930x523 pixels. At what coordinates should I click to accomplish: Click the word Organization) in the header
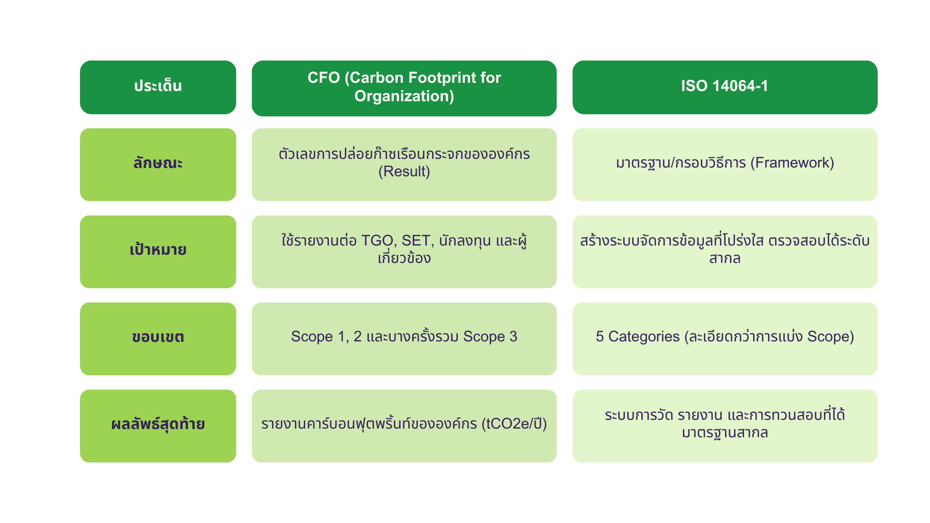(404, 96)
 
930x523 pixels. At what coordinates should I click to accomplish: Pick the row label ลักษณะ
(158, 163)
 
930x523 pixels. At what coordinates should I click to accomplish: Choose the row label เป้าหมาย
(158, 249)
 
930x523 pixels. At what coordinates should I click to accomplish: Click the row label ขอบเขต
(158, 337)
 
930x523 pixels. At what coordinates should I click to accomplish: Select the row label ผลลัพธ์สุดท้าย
(158, 424)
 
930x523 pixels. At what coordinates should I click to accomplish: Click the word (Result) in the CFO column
(404, 171)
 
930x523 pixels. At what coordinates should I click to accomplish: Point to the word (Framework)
(792, 163)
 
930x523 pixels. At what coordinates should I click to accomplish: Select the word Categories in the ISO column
(644, 337)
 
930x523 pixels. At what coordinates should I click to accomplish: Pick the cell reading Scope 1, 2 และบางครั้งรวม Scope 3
(404, 337)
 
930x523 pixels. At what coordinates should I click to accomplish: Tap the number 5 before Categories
(600, 337)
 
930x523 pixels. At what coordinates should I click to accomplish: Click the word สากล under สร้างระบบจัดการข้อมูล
(725, 258)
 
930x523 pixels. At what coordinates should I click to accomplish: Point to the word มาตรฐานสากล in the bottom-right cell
(725, 432)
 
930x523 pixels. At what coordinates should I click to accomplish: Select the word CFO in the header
(324, 77)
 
